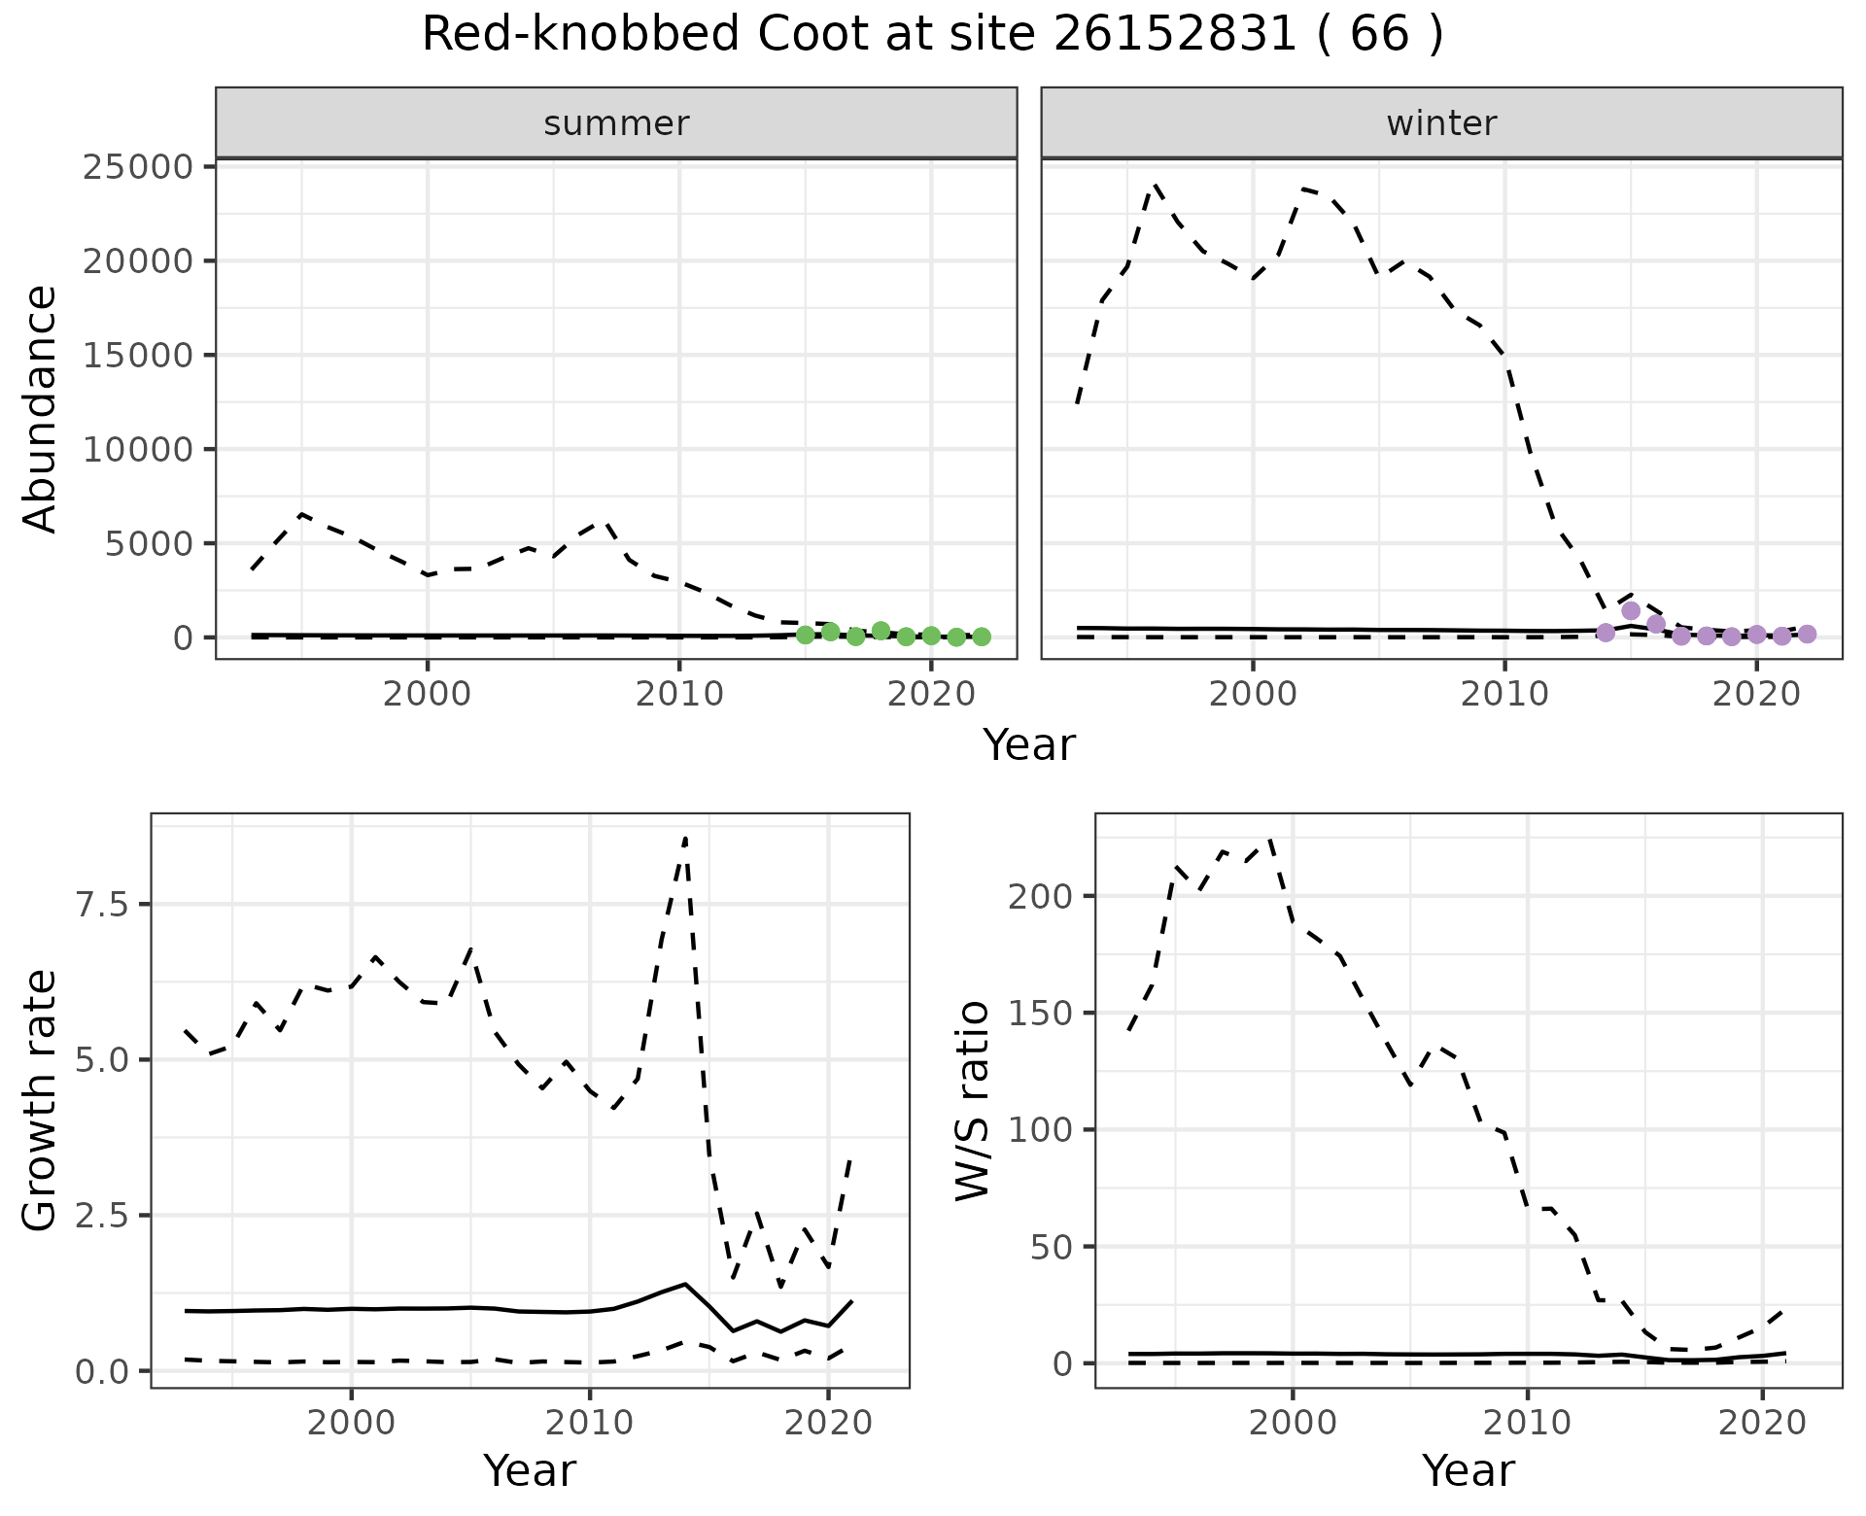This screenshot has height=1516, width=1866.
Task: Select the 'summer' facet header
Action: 616,123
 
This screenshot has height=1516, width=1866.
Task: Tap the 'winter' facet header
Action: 1441,123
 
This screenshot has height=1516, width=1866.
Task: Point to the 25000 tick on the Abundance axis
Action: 138,167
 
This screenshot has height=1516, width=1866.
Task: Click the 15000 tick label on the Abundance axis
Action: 138,356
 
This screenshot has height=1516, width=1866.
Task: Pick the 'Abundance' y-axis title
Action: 41,408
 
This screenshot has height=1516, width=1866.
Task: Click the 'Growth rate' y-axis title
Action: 41,1101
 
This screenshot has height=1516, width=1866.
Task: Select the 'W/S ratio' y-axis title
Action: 973,1101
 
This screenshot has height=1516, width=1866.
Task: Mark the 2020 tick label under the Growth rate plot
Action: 827,1424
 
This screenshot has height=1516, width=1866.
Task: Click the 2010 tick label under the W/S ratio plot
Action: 1527,1424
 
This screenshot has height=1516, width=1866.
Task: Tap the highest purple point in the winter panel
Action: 1631,610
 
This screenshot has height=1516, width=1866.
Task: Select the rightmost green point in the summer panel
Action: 982,637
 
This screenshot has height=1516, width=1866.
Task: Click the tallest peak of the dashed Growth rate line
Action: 686,838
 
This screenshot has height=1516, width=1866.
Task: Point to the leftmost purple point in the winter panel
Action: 1606,633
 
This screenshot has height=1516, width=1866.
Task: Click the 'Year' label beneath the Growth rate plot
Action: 530,1471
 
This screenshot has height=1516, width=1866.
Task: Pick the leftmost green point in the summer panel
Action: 805,635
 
